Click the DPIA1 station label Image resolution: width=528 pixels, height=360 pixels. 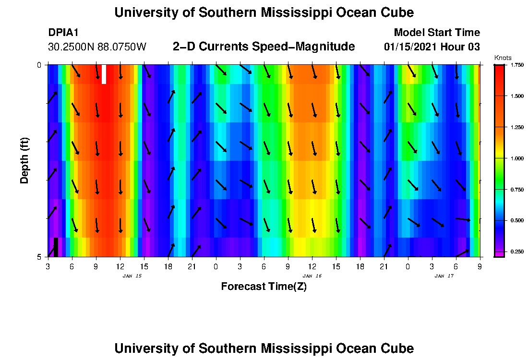(x=63, y=33)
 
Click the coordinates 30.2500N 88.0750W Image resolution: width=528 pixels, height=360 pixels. (x=97, y=47)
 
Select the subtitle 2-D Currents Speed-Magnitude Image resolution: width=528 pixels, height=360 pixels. (x=264, y=47)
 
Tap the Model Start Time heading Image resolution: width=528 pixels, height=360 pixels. (x=436, y=33)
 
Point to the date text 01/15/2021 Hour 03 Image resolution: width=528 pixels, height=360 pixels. (x=432, y=47)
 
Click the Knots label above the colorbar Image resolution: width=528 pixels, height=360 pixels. (x=503, y=58)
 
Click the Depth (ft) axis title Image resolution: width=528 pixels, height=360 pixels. (x=24, y=161)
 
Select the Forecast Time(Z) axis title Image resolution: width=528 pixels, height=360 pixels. (x=264, y=287)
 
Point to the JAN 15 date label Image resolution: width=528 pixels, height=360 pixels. (x=132, y=276)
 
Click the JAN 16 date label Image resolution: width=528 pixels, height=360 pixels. (x=312, y=276)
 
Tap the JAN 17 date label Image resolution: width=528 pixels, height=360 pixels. (x=444, y=276)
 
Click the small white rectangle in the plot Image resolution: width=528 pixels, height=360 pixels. (x=104, y=74)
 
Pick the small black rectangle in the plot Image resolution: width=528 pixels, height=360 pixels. (x=56, y=247)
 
